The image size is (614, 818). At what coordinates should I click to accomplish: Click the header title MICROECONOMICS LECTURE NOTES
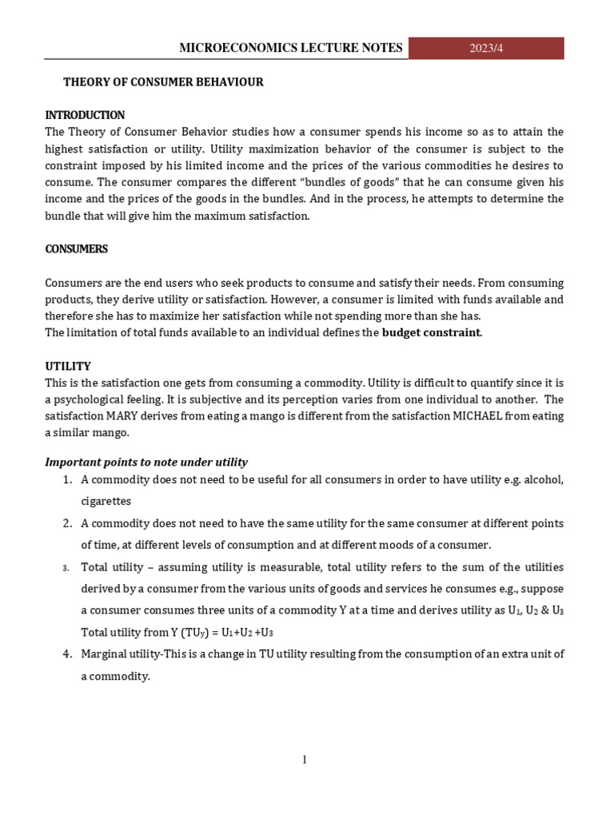point(291,48)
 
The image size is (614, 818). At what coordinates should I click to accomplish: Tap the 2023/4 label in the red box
point(486,48)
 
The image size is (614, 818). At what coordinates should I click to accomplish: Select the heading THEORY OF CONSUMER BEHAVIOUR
point(163,82)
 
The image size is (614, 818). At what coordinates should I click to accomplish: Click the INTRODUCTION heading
point(85,115)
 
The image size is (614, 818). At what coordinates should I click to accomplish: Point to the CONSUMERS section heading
point(76,249)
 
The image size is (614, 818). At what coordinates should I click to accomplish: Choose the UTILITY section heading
point(68,366)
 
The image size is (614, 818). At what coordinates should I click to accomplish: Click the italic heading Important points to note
point(146,463)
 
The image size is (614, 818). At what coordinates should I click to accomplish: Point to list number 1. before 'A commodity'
point(67,480)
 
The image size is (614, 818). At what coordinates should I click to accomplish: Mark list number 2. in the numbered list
point(67,524)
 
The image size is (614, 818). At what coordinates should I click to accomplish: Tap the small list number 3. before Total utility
point(68,568)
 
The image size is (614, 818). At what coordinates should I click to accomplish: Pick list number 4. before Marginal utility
point(67,654)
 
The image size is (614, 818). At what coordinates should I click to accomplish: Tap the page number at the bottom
point(305,760)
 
